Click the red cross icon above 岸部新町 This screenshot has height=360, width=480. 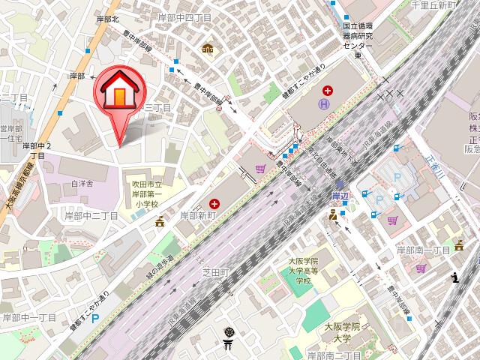[x=215, y=202]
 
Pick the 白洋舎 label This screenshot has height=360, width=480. [x=82, y=182]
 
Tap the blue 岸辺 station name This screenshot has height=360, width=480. [x=340, y=194]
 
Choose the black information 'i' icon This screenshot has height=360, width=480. [x=455, y=278]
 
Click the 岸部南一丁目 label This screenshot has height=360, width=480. [x=424, y=249]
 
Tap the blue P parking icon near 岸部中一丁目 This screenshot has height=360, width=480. [x=94, y=317]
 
